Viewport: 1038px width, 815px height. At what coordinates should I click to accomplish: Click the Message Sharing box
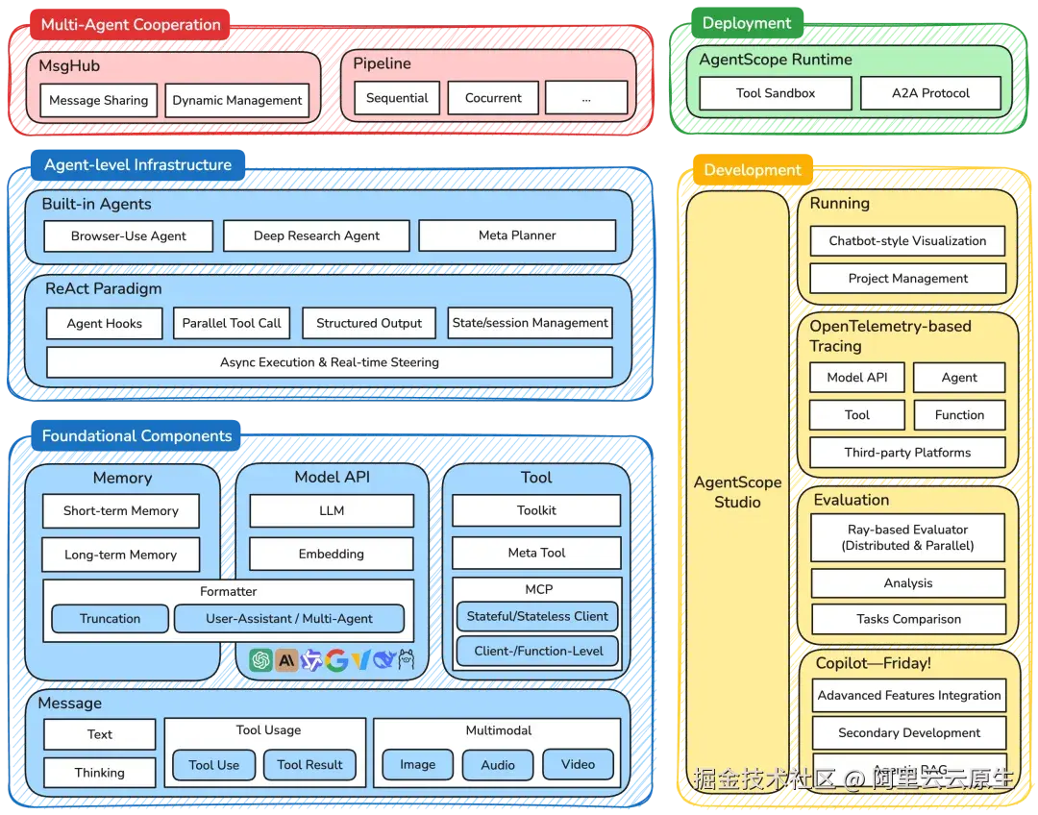pyautogui.click(x=99, y=100)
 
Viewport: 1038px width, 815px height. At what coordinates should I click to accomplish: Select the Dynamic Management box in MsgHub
pyautogui.click(x=237, y=100)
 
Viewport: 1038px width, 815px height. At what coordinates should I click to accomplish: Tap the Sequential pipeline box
pyautogui.click(x=397, y=98)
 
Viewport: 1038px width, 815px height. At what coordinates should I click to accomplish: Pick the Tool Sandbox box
pyautogui.click(x=775, y=93)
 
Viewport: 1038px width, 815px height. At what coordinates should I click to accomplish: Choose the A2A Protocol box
pyautogui.click(x=930, y=93)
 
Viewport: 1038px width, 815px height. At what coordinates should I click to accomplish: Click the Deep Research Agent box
pyautogui.click(x=316, y=235)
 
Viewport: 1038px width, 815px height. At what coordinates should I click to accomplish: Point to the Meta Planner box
pyautogui.click(x=517, y=235)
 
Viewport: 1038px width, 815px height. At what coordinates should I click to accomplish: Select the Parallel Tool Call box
pyautogui.click(x=232, y=323)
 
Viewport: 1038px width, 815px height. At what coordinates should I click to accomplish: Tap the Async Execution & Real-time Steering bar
pyautogui.click(x=329, y=362)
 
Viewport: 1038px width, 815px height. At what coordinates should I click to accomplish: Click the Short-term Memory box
pyautogui.click(x=121, y=511)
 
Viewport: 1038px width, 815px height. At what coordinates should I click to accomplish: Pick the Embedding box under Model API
pyautogui.click(x=332, y=554)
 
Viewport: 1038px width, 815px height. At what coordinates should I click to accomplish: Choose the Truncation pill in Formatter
pyautogui.click(x=111, y=619)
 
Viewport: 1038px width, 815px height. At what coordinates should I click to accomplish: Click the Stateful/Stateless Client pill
pyautogui.click(x=536, y=617)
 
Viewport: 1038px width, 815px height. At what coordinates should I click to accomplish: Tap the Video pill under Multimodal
pyautogui.click(x=578, y=764)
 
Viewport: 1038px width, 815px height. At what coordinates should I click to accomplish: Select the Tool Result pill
pyautogui.click(x=309, y=765)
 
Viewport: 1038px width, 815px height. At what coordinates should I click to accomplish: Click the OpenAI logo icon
pyautogui.click(x=260, y=659)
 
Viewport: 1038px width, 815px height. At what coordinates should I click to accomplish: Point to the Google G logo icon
pyautogui.click(x=336, y=659)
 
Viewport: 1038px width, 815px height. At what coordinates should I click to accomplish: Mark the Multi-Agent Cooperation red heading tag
pyautogui.click(x=130, y=25)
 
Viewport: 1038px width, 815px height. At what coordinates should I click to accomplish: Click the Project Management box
pyautogui.click(x=907, y=279)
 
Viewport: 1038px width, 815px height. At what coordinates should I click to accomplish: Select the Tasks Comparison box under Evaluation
pyautogui.click(x=908, y=619)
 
